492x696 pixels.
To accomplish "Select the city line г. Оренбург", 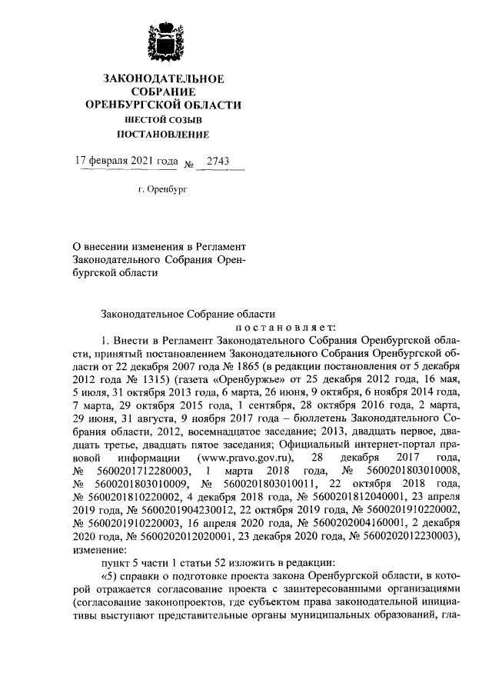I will (162, 187).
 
